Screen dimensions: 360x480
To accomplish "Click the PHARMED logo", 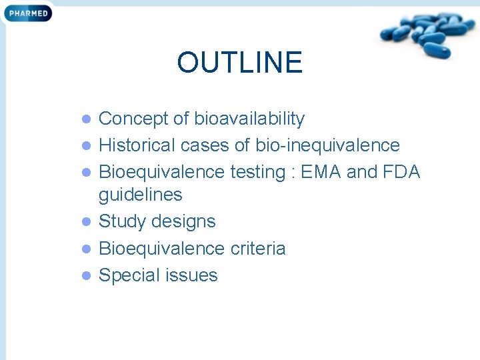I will point(27,12).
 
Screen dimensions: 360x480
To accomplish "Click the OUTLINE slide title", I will point(239,63).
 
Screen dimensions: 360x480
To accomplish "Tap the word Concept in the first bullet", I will point(133,119).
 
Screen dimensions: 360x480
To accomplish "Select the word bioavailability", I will point(249,119).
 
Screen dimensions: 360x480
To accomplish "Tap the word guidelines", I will point(140,195).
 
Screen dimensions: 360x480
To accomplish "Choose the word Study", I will point(123,221).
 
